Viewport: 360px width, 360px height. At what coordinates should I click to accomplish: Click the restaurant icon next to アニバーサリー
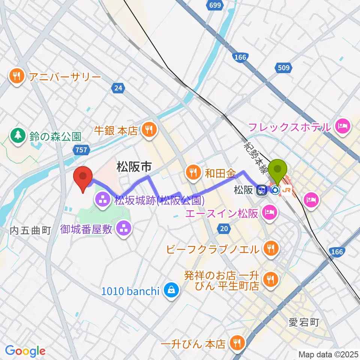click(16, 77)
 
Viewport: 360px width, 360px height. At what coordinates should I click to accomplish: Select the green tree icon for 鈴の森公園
click(18, 135)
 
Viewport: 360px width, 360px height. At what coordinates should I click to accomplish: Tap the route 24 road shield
click(118, 88)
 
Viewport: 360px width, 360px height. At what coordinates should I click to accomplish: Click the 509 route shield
click(283, 68)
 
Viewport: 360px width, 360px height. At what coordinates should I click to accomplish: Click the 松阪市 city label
click(134, 167)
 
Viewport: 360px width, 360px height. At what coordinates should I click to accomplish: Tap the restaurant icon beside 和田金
click(193, 173)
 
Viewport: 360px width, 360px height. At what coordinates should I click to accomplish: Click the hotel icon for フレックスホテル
click(343, 127)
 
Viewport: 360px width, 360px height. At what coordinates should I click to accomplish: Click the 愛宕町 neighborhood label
click(303, 322)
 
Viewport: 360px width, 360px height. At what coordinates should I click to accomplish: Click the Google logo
click(25, 351)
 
